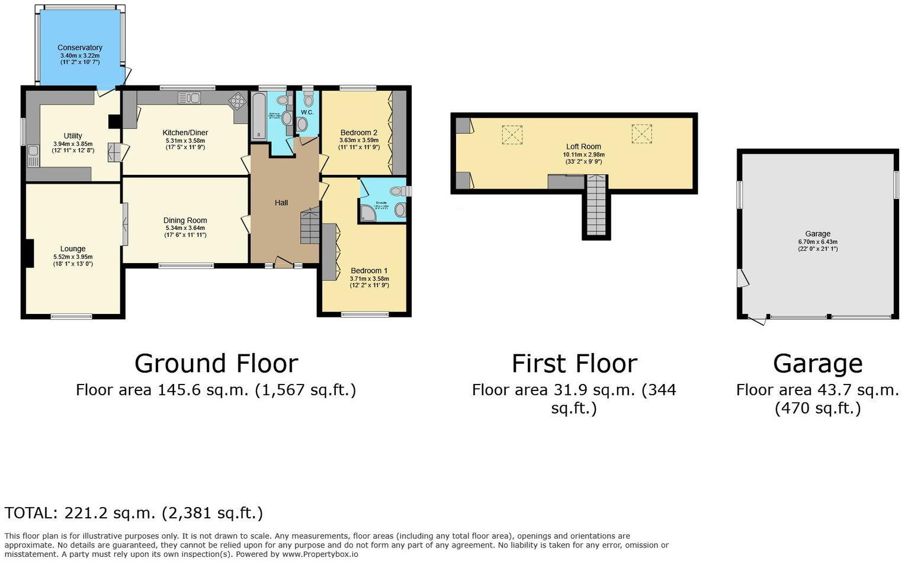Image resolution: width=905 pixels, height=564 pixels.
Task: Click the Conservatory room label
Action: [x=80, y=47]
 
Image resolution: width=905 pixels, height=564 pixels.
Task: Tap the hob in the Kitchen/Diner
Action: [x=238, y=101]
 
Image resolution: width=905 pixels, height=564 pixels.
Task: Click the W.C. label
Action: [x=307, y=112]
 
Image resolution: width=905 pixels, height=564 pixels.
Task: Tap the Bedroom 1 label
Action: [x=369, y=271]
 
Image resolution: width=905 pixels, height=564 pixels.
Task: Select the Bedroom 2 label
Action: [x=359, y=133]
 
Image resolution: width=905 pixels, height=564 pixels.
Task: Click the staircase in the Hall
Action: [x=309, y=226]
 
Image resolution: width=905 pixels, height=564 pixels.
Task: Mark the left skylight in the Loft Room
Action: [x=512, y=134]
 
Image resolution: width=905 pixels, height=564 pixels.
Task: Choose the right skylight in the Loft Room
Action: [x=641, y=134]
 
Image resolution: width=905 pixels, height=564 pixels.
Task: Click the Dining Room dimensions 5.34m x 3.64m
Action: [x=185, y=227]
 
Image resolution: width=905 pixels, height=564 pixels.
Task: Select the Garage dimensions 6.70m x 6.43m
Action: [x=817, y=242]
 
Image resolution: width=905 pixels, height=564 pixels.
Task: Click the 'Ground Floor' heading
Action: [x=216, y=363]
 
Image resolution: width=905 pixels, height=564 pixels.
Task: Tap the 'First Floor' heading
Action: [x=574, y=363]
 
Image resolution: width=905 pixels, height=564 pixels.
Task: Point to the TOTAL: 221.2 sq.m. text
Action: [x=134, y=513]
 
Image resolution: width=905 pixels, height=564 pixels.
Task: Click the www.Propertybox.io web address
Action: [x=320, y=554]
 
